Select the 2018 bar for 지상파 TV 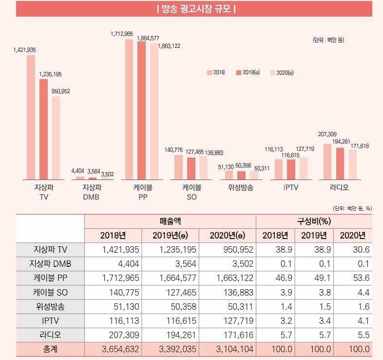[x=31, y=117]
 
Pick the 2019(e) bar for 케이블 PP [x=142, y=110]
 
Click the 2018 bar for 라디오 [x=327, y=161]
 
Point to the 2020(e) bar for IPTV [x=304, y=168]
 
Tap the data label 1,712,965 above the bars [x=122, y=34]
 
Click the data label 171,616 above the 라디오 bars [x=359, y=146]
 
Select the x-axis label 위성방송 [x=240, y=187]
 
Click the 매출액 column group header [x=170, y=221]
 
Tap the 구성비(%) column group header [x=314, y=221]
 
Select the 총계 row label [x=50, y=349]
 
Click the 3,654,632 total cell [x=115, y=349]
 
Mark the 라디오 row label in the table [x=50, y=335]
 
